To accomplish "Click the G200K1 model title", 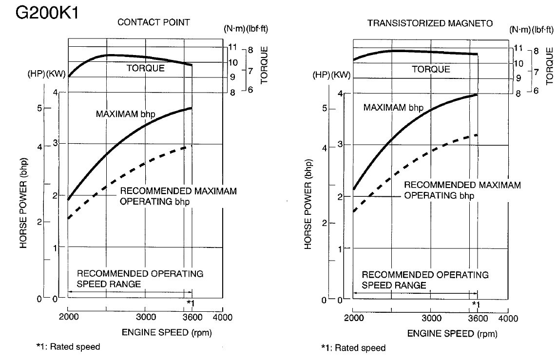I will [x=47, y=13].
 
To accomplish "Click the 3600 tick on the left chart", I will [x=192, y=317].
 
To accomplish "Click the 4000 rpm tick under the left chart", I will [x=222, y=317].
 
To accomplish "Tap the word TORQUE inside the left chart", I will [x=145, y=69].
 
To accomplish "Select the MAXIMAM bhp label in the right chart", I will [x=393, y=107].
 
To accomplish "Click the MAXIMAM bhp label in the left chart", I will [x=125, y=114].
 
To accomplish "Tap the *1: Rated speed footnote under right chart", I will [x=353, y=348].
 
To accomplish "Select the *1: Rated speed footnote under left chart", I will [x=68, y=347].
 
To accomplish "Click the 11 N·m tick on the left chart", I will [x=233, y=47].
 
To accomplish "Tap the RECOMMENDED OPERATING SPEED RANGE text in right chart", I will [x=424, y=280].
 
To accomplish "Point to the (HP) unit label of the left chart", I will [x=36, y=76].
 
